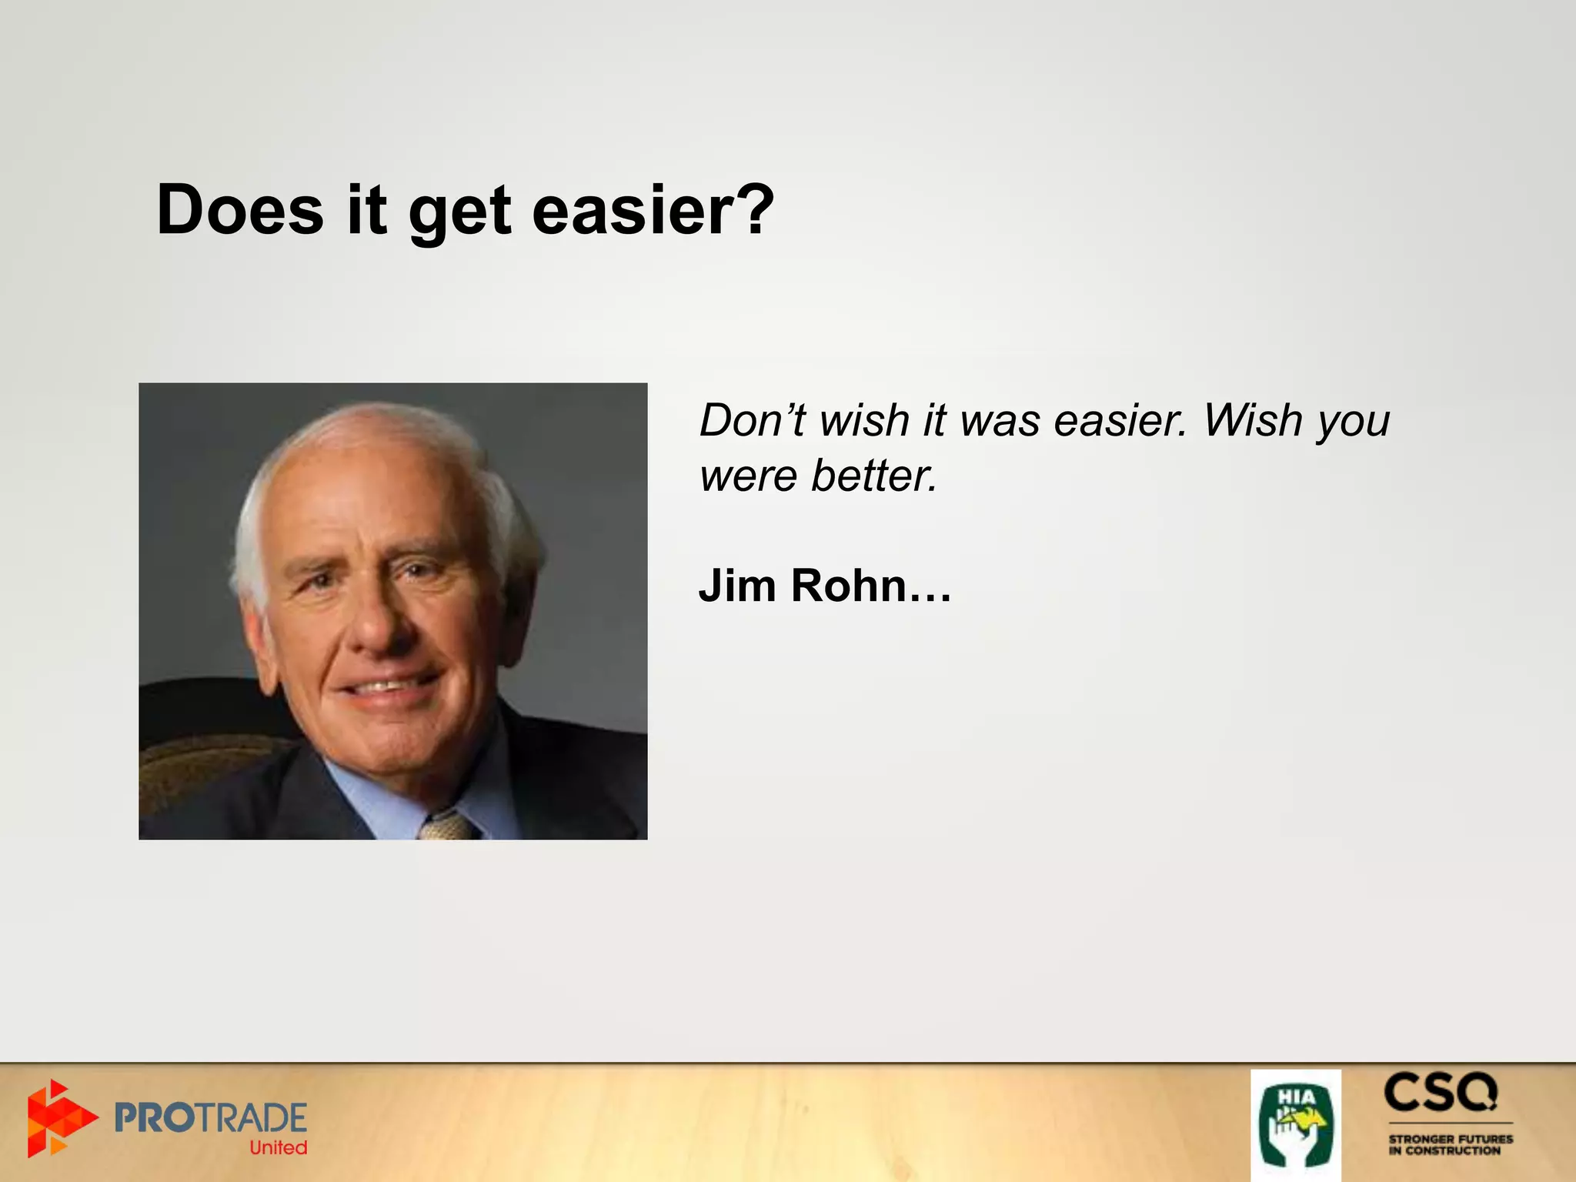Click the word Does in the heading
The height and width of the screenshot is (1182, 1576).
(239, 211)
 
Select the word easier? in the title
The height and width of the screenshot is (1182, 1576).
(653, 211)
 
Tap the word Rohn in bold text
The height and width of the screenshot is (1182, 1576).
(850, 586)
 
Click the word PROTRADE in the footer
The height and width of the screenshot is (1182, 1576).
(210, 1117)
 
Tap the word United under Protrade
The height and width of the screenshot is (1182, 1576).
(278, 1148)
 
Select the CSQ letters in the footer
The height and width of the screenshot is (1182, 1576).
(1441, 1094)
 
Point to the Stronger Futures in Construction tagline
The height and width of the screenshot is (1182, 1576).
(1450, 1144)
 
